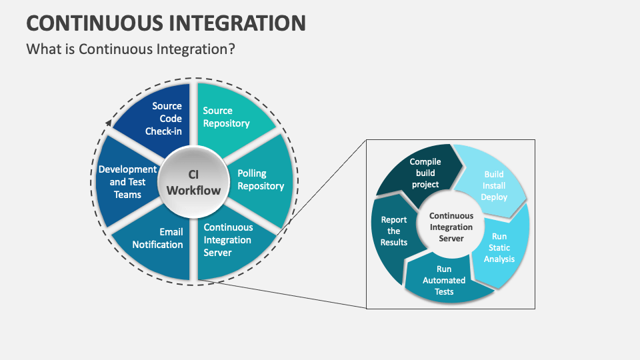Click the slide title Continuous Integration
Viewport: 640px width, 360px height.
pos(166,22)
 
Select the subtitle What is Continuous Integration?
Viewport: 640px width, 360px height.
pos(131,49)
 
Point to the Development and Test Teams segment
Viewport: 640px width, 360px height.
pos(127,182)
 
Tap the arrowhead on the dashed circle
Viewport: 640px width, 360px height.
pos(108,123)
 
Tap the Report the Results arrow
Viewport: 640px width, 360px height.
pos(395,232)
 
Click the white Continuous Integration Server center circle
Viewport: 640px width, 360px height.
pos(451,227)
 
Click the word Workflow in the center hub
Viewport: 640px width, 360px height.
pos(193,191)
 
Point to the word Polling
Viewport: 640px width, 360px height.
pos(252,173)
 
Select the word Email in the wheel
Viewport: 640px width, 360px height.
pos(171,232)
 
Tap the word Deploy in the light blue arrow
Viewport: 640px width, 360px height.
pos(494,197)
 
